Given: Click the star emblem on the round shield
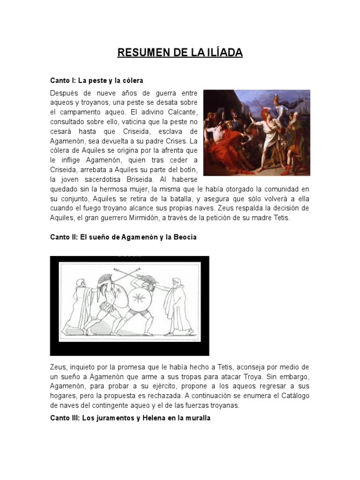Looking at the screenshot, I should coord(139,298).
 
